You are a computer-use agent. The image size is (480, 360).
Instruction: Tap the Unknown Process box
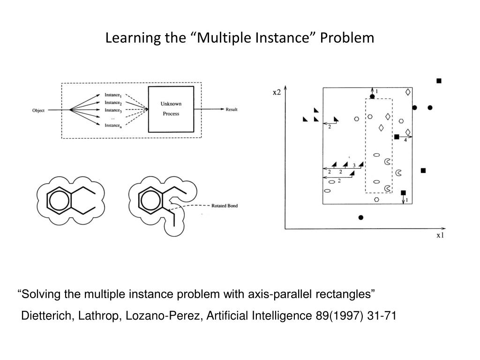point(171,109)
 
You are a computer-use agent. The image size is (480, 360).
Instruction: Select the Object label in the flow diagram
point(38,111)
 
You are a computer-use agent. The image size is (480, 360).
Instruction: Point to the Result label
point(232,110)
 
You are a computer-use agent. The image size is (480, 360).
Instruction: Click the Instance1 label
point(113,95)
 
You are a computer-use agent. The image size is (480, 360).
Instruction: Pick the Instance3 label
point(113,111)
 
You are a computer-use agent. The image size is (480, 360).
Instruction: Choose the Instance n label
point(113,125)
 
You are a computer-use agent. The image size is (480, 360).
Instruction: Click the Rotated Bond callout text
point(225,206)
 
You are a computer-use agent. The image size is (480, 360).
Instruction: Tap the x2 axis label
point(277,92)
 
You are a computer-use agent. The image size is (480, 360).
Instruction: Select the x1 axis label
point(440,235)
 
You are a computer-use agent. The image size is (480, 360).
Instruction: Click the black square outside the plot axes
point(439,81)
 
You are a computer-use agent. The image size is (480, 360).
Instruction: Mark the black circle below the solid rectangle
point(360,217)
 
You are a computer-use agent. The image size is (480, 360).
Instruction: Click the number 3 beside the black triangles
point(354,165)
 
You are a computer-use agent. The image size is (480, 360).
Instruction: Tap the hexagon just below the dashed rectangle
point(377,199)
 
